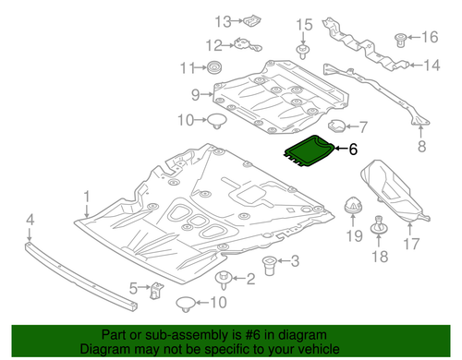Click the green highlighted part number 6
point(311,150)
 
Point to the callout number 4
point(30,219)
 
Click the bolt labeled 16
point(401,39)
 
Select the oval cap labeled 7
point(335,126)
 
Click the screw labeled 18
point(378,227)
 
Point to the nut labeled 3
point(272,266)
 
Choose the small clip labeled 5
point(158,291)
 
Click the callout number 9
point(196,93)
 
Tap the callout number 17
point(410,245)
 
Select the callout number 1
point(87,197)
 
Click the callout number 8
point(421,146)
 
